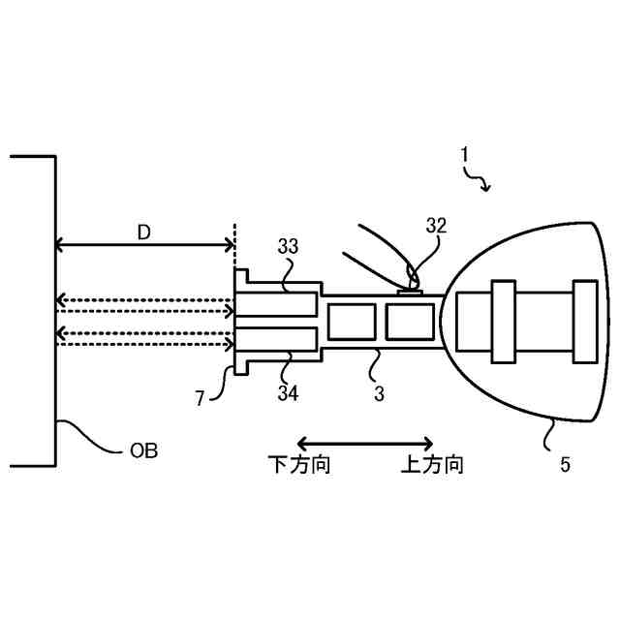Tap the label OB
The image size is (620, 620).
(x=143, y=451)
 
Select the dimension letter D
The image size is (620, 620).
(x=143, y=232)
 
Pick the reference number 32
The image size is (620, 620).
(x=436, y=226)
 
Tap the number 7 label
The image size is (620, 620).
(x=201, y=397)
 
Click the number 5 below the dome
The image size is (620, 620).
(x=565, y=463)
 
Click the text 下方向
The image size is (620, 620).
(x=299, y=466)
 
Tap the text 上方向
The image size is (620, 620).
(x=432, y=466)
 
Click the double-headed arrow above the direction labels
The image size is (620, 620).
(x=365, y=442)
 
